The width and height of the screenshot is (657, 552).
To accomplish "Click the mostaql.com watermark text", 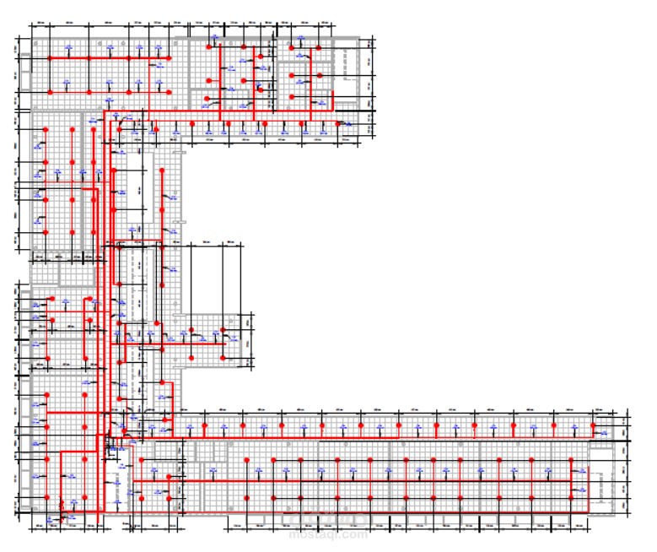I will [328, 534].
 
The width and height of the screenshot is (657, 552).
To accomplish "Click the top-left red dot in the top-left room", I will [50, 57].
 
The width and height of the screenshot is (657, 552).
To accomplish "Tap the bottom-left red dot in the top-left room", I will [50, 89].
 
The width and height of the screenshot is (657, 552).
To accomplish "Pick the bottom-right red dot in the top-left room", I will [169, 89].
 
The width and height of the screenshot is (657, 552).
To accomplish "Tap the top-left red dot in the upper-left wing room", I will [44, 129].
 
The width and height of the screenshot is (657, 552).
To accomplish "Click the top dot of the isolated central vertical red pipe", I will [162, 170].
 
